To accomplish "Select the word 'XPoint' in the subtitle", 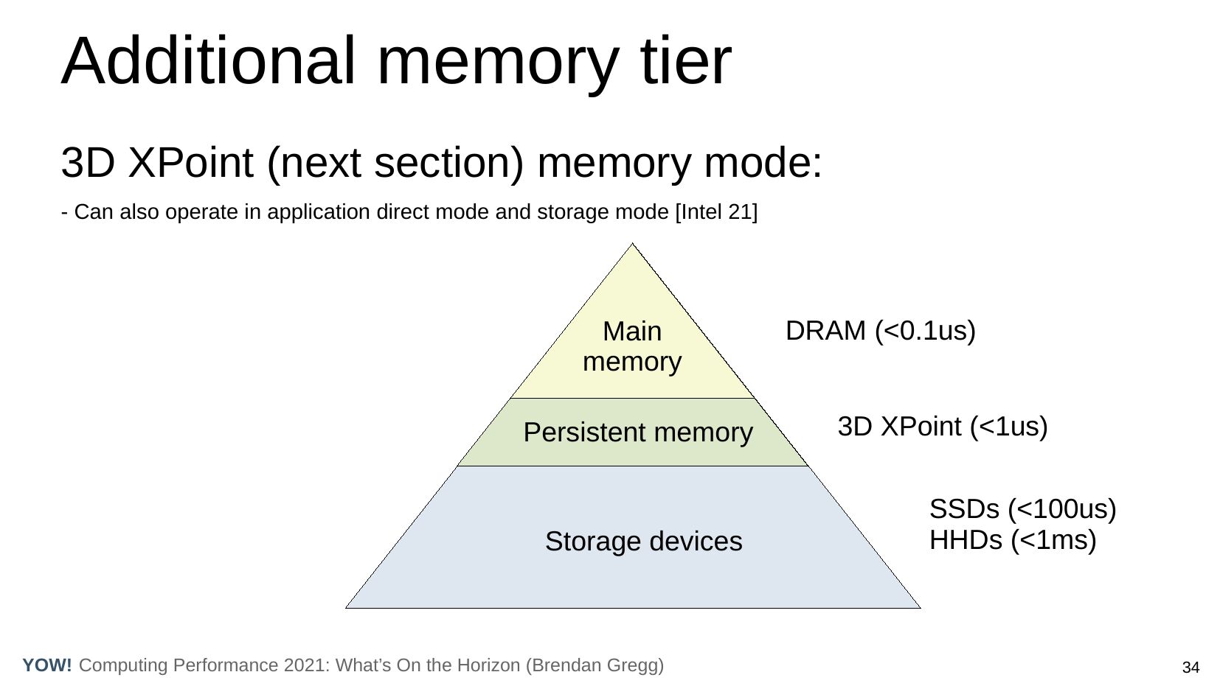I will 190,163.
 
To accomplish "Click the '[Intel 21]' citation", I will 716,212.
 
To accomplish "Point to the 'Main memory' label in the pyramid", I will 632,346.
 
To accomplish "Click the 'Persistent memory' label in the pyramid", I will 638,432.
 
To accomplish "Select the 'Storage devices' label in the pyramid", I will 643,542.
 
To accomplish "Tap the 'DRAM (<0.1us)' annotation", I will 881,331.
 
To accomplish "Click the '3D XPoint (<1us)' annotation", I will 943,427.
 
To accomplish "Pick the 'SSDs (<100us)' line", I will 1022,509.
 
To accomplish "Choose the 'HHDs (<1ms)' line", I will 1013,540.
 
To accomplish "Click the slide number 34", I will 1190,668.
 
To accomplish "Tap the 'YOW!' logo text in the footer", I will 47,665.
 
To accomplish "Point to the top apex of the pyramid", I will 632,245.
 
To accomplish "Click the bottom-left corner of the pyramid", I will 347,607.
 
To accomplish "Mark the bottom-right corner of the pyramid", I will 920,607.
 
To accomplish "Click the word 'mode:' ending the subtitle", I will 763,163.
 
